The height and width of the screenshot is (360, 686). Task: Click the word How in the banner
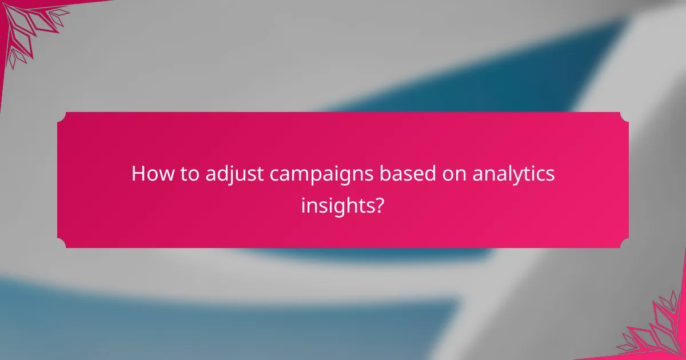click(x=149, y=174)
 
